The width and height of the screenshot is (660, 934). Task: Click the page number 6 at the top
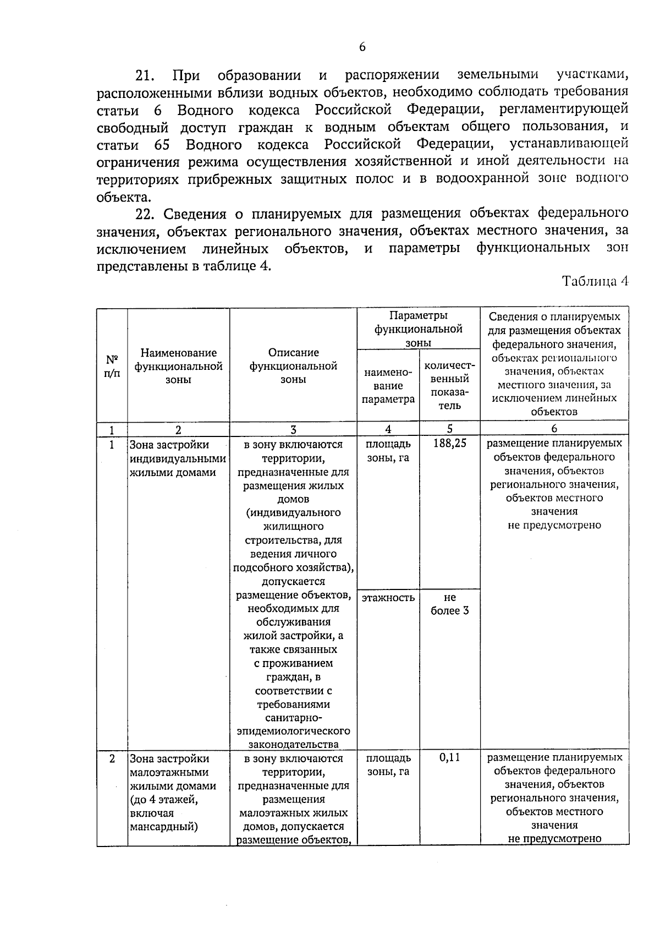(x=362, y=47)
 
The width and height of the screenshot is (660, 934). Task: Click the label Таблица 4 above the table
(x=595, y=282)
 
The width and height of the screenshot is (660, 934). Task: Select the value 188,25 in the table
(x=449, y=444)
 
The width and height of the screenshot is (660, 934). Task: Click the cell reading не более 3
(x=449, y=604)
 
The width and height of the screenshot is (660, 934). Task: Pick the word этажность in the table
(x=388, y=597)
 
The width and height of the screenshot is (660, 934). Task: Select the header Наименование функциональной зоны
(x=178, y=366)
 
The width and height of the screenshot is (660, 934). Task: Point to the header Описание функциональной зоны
(x=293, y=366)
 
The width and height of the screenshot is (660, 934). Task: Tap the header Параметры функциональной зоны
(x=418, y=329)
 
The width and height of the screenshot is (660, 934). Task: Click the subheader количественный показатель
(x=449, y=386)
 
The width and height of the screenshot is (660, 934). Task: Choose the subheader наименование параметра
(x=388, y=386)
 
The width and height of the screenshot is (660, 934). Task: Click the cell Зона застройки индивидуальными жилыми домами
(x=177, y=458)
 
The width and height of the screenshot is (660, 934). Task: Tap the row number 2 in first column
(x=112, y=758)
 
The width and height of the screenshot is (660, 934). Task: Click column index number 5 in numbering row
(x=449, y=429)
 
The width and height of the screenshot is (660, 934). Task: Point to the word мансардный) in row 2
(x=164, y=826)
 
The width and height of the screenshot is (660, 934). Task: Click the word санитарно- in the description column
(x=293, y=718)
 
